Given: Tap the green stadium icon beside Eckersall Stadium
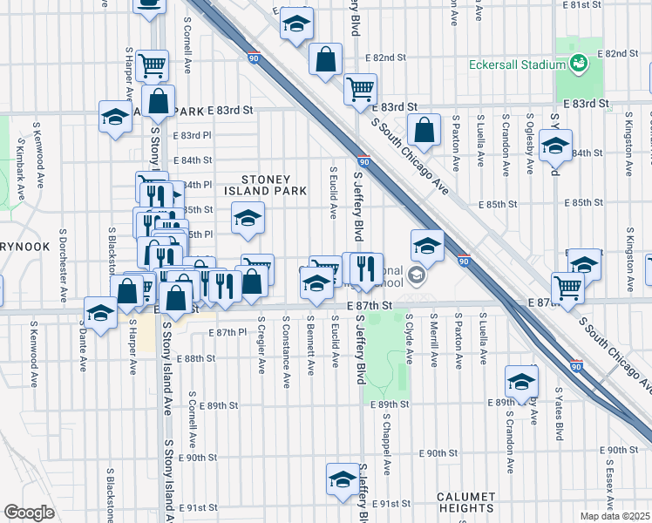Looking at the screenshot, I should [577, 64].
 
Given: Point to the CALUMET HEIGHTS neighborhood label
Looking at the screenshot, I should [465, 502].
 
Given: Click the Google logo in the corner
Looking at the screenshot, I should [28, 513].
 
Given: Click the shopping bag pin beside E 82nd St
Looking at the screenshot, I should [325, 61].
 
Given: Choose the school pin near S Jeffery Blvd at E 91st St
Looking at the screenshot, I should [342, 479].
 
